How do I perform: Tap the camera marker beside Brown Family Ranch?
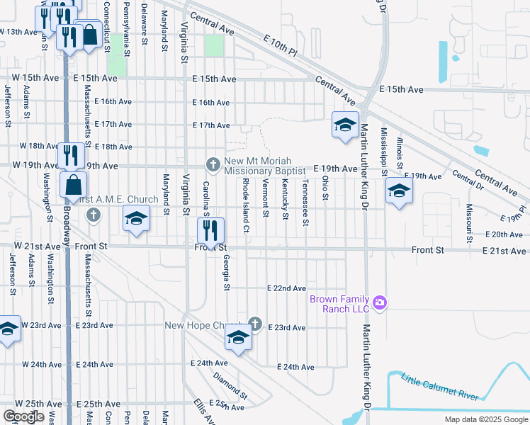[380, 303]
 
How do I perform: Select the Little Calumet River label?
[440, 387]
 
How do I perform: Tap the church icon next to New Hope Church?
[255, 325]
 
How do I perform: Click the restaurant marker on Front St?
[210, 229]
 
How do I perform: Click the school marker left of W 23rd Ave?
[9, 329]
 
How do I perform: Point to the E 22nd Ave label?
[286, 288]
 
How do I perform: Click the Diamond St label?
[230, 385]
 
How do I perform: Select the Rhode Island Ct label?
[245, 205]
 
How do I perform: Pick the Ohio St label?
[326, 188]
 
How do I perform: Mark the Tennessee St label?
[305, 203]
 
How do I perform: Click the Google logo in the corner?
[24, 416]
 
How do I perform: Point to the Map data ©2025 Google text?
[485, 419]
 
